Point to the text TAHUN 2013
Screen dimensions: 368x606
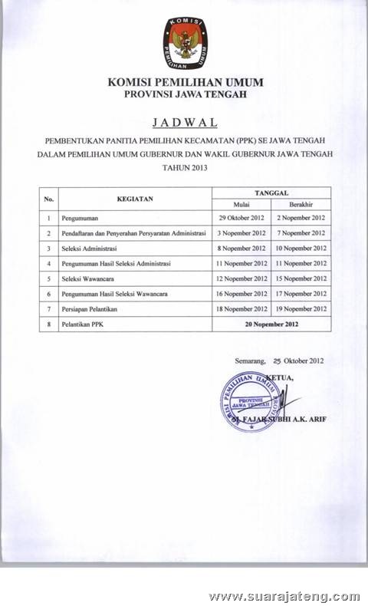pos(184,166)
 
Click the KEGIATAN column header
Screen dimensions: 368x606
pos(135,199)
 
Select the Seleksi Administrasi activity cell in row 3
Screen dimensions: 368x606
pos(91,249)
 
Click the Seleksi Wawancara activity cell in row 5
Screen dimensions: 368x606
pos(90,278)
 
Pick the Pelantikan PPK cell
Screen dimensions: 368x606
pos(84,324)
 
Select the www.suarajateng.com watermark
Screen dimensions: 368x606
pos(284,595)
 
